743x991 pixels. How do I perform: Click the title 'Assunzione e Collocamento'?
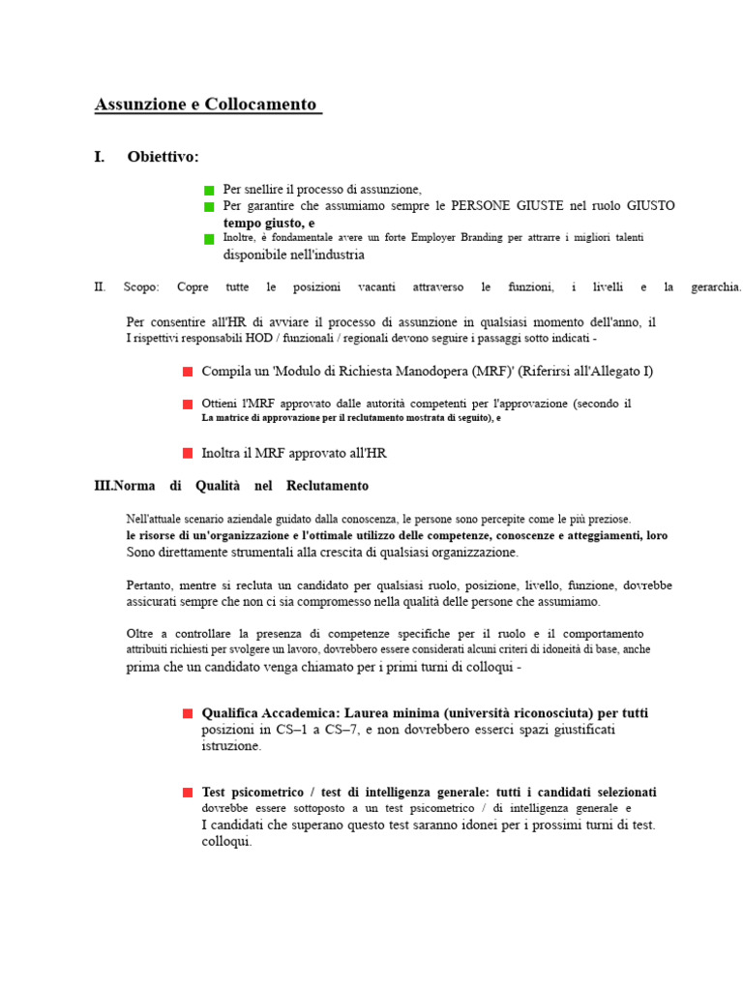pyautogui.click(x=206, y=105)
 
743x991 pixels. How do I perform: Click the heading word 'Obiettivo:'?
pyautogui.click(x=163, y=157)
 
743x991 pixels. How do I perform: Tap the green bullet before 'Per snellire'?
pyautogui.click(x=209, y=192)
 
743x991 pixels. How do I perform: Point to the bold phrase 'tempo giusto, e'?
pyautogui.click(x=269, y=223)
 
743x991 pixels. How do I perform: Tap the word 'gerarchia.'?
pyautogui.click(x=716, y=287)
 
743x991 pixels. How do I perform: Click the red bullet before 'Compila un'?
pyautogui.click(x=188, y=372)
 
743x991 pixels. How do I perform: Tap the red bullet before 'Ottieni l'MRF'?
pyautogui.click(x=188, y=404)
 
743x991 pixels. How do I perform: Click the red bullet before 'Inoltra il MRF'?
pyautogui.click(x=188, y=453)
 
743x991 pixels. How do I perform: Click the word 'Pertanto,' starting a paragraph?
pyautogui.click(x=152, y=586)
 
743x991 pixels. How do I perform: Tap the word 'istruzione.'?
pyautogui.click(x=231, y=746)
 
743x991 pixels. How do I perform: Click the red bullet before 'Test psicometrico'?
pyautogui.click(x=188, y=793)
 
